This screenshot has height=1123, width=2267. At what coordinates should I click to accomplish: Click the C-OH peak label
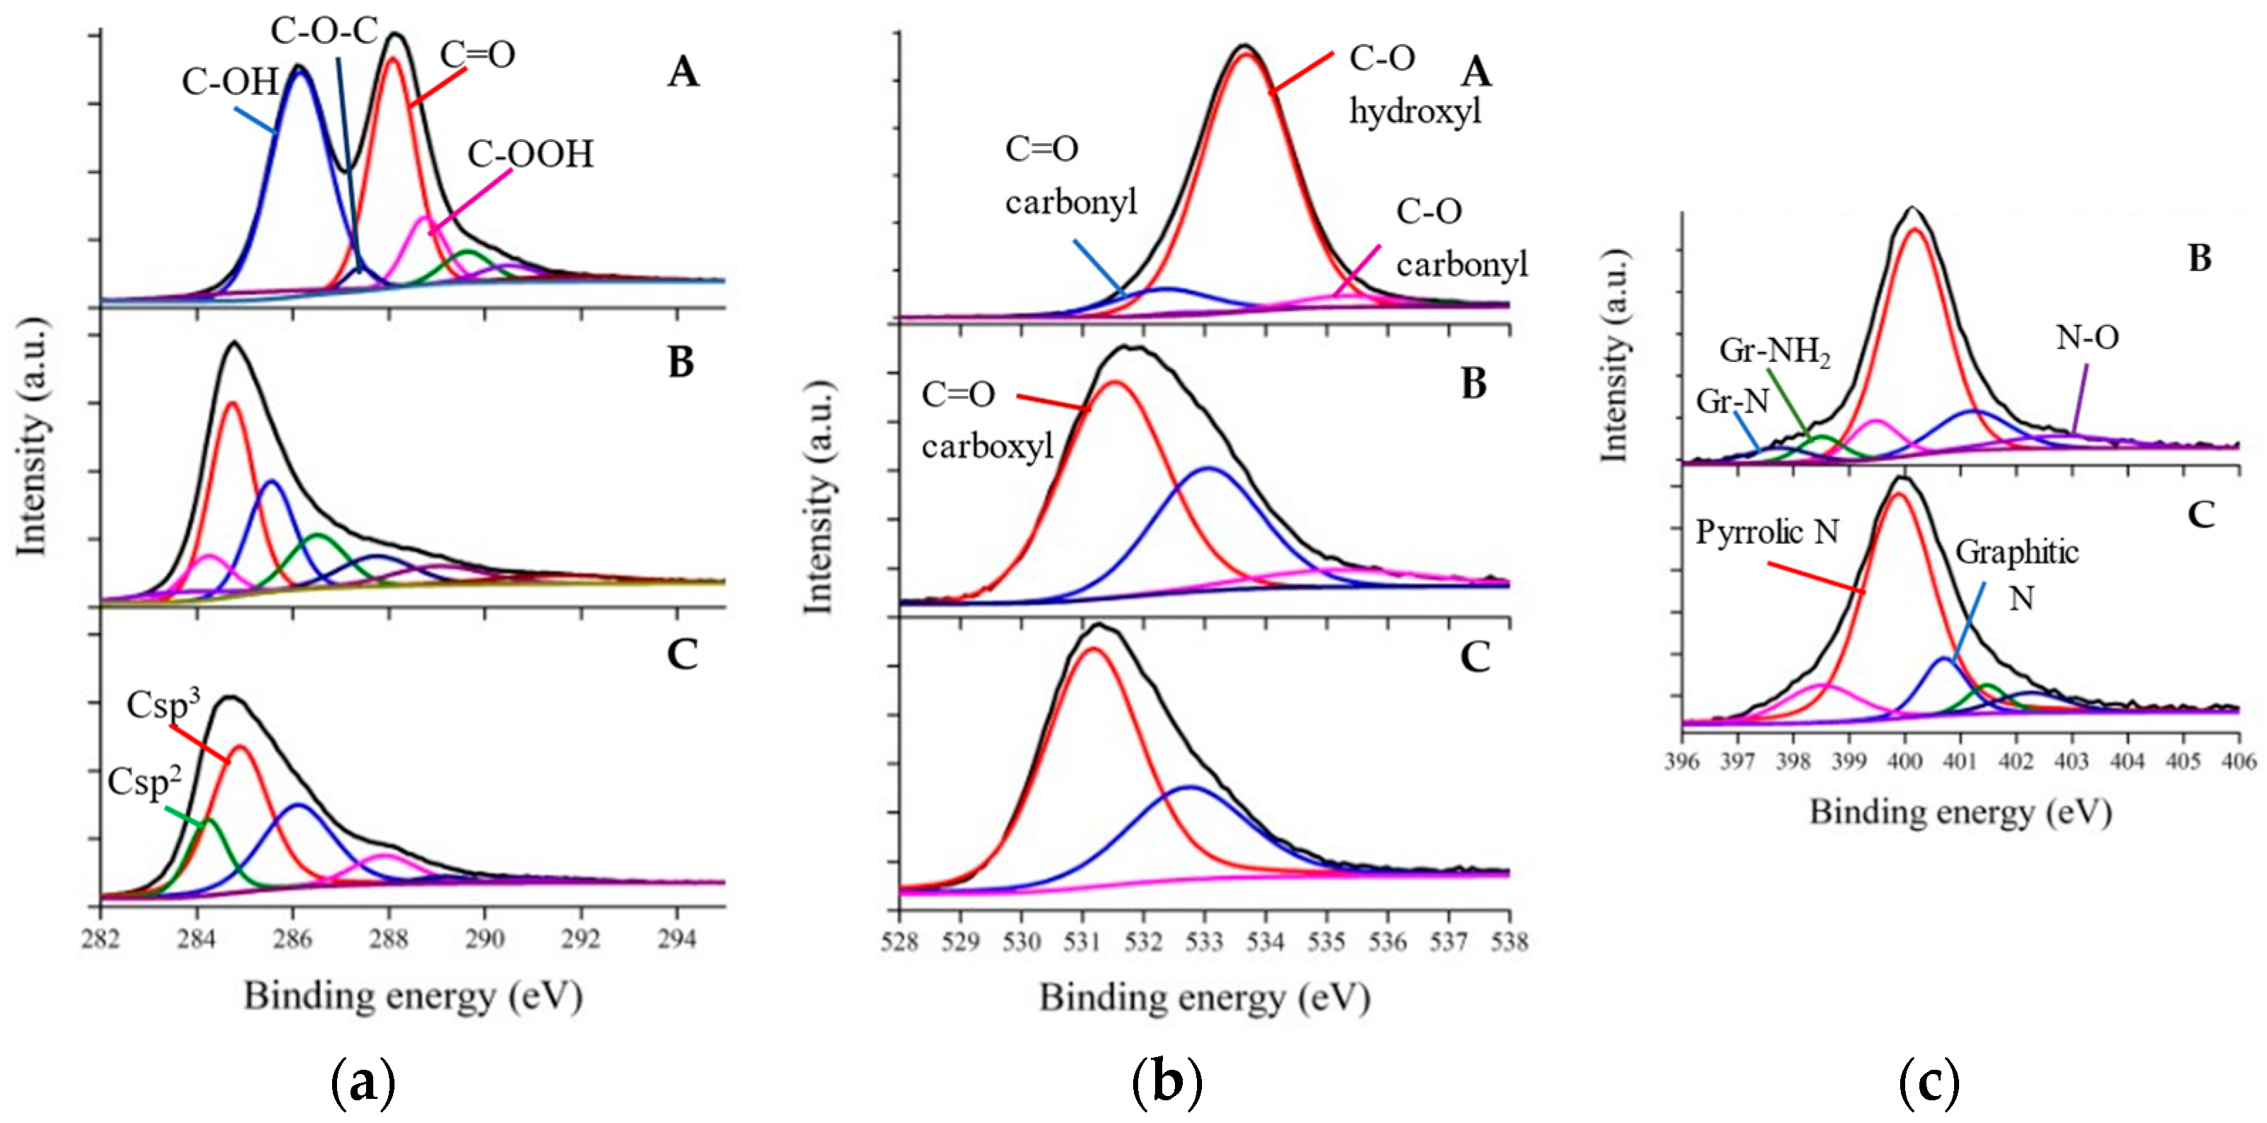tap(230, 83)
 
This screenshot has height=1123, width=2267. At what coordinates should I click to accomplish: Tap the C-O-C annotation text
tap(324, 32)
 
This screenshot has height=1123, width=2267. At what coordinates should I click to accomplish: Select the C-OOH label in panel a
tap(530, 155)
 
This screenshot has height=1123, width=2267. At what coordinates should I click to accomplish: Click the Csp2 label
tap(144, 782)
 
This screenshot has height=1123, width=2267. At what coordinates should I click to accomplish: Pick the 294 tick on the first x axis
tap(677, 940)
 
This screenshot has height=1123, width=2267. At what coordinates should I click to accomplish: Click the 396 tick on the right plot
tap(1681, 761)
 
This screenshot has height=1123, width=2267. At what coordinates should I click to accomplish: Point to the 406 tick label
tap(2239, 761)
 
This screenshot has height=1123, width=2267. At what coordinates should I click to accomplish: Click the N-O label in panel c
tap(2087, 338)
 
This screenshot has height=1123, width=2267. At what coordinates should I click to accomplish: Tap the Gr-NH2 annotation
tap(1774, 352)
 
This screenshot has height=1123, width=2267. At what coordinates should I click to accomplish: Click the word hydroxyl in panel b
tap(1415, 113)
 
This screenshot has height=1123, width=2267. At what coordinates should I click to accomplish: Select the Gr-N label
tap(1732, 402)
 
